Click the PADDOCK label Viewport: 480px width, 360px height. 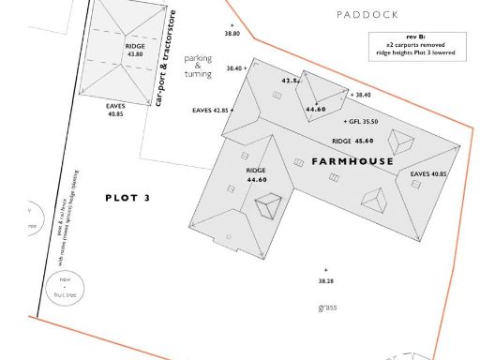[x=367, y=15]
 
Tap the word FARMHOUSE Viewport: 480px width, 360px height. [x=353, y=162]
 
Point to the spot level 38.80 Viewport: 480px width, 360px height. [x=232, y=33]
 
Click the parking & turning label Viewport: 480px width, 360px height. [x=198, y=66]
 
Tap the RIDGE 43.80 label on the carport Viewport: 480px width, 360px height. [x=134, y=50]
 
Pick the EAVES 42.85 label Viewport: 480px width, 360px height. [x=211, y=111]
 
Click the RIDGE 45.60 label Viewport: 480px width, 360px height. [x=352, y=141]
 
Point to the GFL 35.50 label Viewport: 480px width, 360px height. [x=365, y=122]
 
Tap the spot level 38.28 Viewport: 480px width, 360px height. [x=325, y=280]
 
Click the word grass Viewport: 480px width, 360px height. [x=326, y=307]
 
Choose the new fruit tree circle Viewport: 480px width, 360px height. [x=66, y=285]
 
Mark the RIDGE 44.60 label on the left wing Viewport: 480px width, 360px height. [x=256, y=174]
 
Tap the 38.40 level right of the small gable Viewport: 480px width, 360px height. [x=361, y=95]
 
